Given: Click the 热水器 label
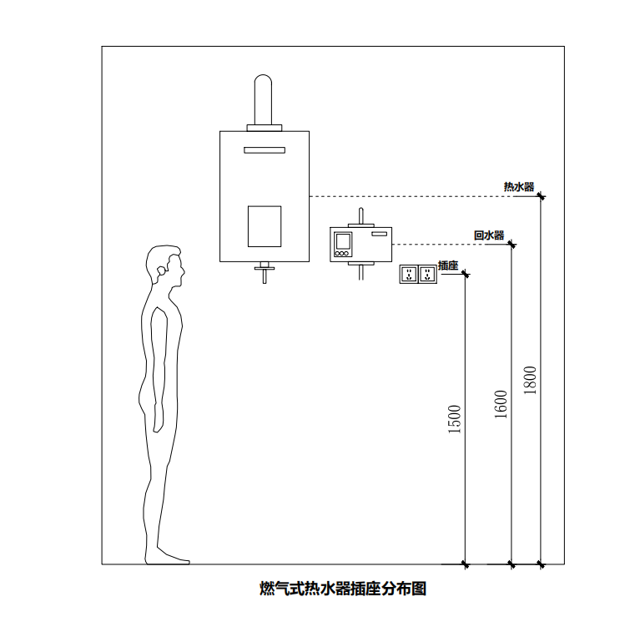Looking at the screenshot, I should click(518, 187).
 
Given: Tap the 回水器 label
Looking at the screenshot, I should click(489, 236).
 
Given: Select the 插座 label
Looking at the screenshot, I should click(449, 265).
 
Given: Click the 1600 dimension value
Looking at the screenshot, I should click(501, 405).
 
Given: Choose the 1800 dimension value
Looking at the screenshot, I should click(531, 381).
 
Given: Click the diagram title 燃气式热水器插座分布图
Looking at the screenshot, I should click(343, 589).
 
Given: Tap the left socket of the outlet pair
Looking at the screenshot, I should click(409, 273).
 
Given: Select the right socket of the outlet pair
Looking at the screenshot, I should click(427, 273).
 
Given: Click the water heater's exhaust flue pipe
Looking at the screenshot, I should click(264, 100).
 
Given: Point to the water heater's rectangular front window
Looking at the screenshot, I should click(265, 226).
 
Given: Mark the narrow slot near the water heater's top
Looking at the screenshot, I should click(265, 150).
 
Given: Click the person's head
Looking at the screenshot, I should click(163, 267).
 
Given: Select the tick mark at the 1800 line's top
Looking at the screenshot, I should click(541, 196).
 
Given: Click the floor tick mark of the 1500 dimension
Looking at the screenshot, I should click(465, 564).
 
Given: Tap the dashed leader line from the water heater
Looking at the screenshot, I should click(417, 196).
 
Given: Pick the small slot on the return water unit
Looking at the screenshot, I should click(380, 235).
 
